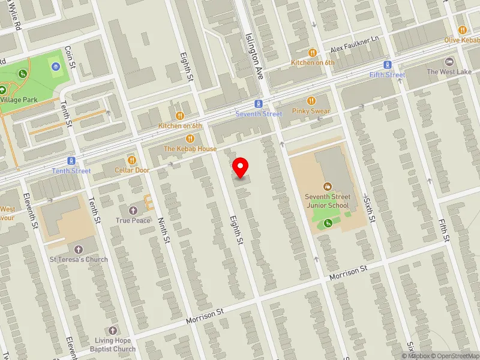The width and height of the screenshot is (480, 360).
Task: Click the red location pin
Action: pos(241,167)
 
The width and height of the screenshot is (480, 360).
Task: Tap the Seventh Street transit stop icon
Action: pos(258,104)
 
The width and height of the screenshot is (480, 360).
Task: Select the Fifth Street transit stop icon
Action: pos(388,65)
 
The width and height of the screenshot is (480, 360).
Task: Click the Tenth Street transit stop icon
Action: pos(71,161)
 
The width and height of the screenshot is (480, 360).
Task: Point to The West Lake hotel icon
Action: pos(449,62)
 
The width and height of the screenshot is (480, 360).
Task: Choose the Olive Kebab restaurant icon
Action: pos(462,29)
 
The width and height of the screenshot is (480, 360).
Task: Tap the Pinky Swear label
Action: pos(311,111)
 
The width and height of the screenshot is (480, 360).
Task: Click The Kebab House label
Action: pos(190,148)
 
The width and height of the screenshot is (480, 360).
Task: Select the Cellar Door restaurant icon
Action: pos(131,160)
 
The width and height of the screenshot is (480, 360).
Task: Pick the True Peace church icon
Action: pos(133,211)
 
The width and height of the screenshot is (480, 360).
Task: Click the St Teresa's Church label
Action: pos(79,259)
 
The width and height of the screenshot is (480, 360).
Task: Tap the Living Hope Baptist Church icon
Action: pos(112,331)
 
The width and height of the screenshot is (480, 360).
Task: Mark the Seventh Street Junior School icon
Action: pos(328,187)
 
